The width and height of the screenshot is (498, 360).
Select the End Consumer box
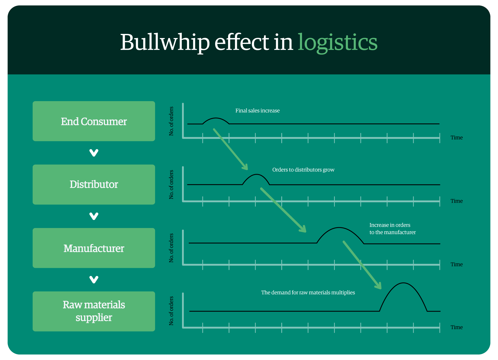94,121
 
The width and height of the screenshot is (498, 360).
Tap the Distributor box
94,185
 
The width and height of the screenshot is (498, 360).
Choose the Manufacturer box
94,248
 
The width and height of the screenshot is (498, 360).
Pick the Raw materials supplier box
94,311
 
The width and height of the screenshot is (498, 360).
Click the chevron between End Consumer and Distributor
94,153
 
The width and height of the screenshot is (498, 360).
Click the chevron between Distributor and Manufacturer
94,216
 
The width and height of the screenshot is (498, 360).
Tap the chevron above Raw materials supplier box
94,280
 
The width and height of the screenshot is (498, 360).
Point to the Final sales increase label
258,111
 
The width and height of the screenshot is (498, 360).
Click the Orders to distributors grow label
303,170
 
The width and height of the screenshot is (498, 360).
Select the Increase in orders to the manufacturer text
392,229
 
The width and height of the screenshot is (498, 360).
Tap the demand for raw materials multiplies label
308,292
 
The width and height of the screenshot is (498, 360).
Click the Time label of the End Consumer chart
457,137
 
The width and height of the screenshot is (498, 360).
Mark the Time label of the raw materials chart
457,327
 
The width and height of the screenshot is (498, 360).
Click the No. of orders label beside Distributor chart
171,185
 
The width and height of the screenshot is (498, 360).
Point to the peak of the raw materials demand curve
403,283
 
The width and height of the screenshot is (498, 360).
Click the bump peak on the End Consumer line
216,118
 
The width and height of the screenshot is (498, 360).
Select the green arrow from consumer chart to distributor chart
230,149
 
